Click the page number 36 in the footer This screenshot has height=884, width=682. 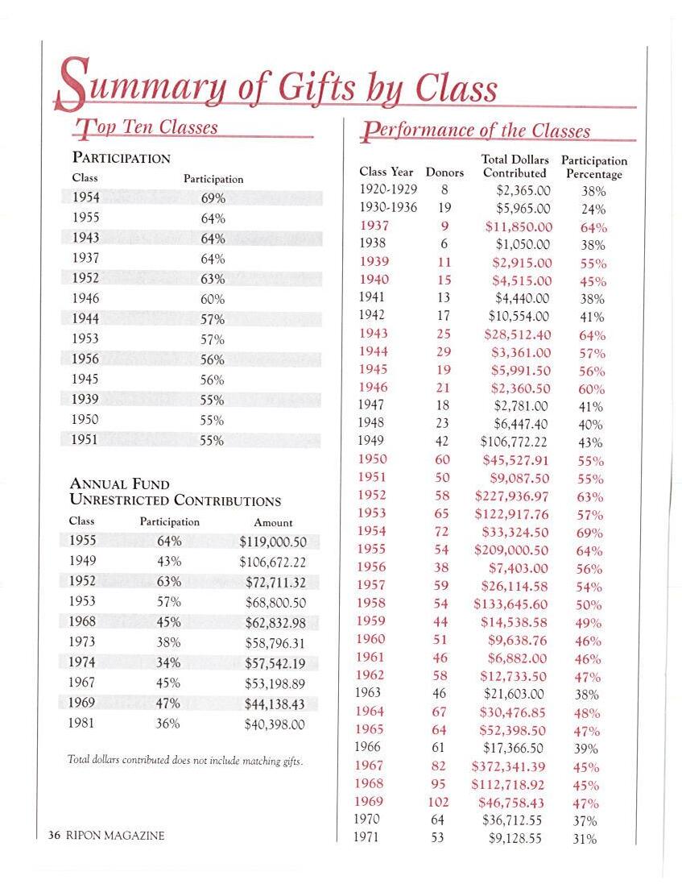click(x=54, y=836)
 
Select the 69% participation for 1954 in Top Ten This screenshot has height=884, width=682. click(x=213, y=198)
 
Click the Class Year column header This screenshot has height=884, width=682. click(x=386, y=172)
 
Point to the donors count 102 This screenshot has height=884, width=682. click(x=439, y=802)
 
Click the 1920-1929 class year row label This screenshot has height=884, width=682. click(x=388, y=190)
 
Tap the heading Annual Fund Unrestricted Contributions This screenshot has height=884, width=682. click(x=176, y=492)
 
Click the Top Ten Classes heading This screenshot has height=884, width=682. click(x=146, y=127)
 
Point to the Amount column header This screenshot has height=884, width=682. click(x=273, y=522)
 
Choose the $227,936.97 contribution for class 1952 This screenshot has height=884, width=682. click(x=511, y=496)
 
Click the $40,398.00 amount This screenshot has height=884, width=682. click(x=275, y=724)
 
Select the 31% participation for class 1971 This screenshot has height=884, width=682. click(x=586, y=839)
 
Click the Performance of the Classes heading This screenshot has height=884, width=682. click(x=477, y=131)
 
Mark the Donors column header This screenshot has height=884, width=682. click(x=444, y=172)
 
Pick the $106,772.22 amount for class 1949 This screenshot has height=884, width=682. click(x=514, y=442)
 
